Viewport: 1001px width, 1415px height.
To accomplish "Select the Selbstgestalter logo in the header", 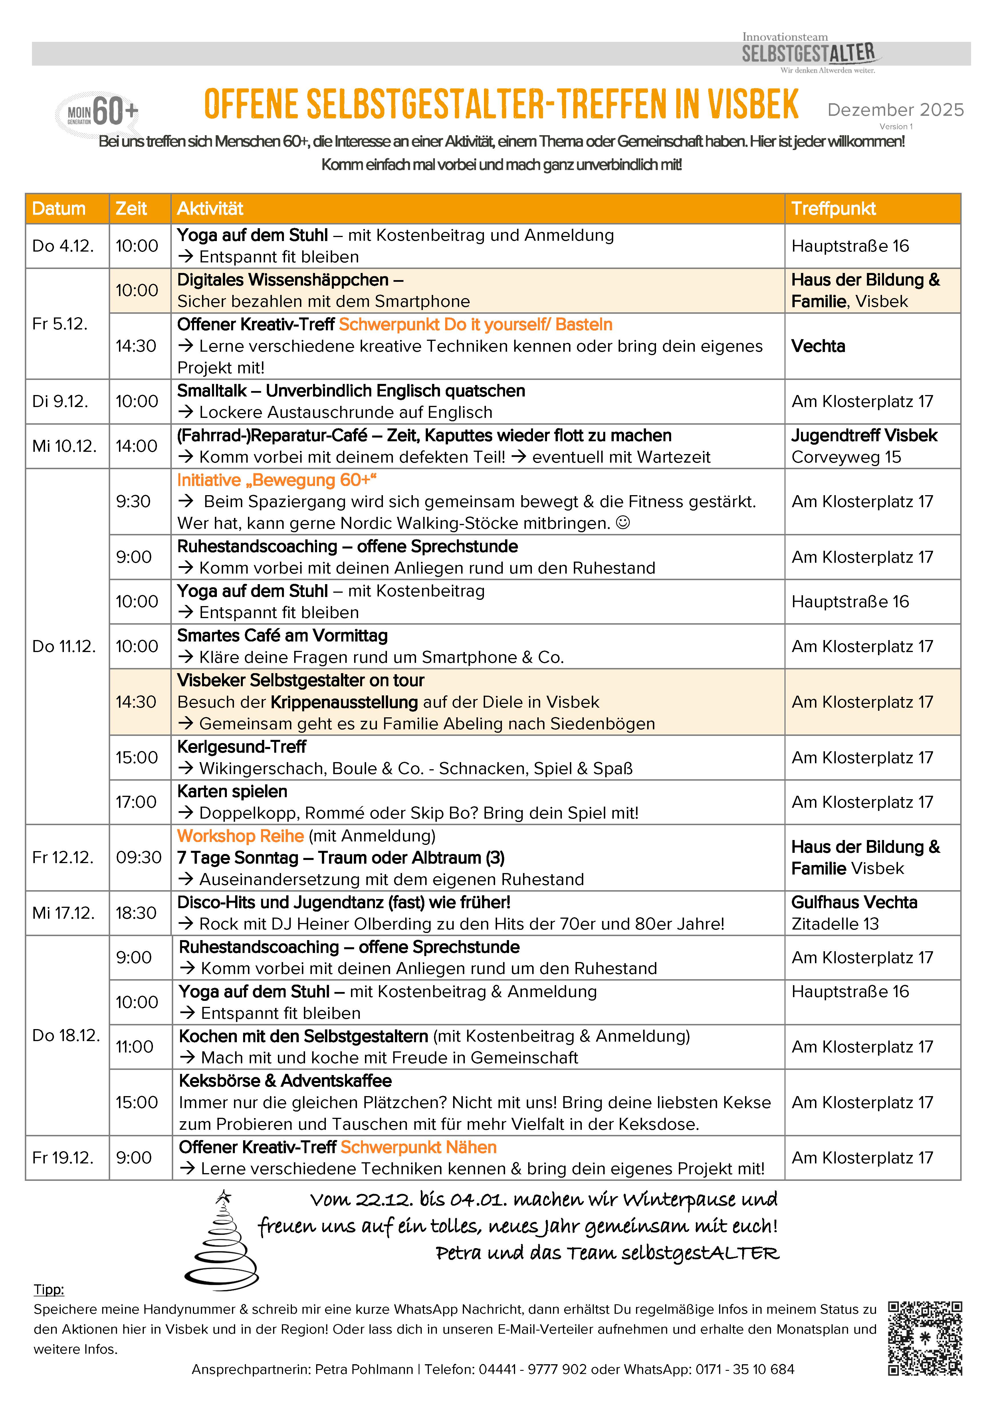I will [809, 54].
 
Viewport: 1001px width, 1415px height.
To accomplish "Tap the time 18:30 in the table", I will [136, 913].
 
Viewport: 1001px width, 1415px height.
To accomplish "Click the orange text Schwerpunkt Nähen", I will [419, 1147].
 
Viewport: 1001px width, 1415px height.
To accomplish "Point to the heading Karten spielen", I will [232, 791].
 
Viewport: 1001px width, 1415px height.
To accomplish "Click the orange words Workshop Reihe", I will [240, 836].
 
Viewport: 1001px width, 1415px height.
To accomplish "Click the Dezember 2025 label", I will [895, 110].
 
